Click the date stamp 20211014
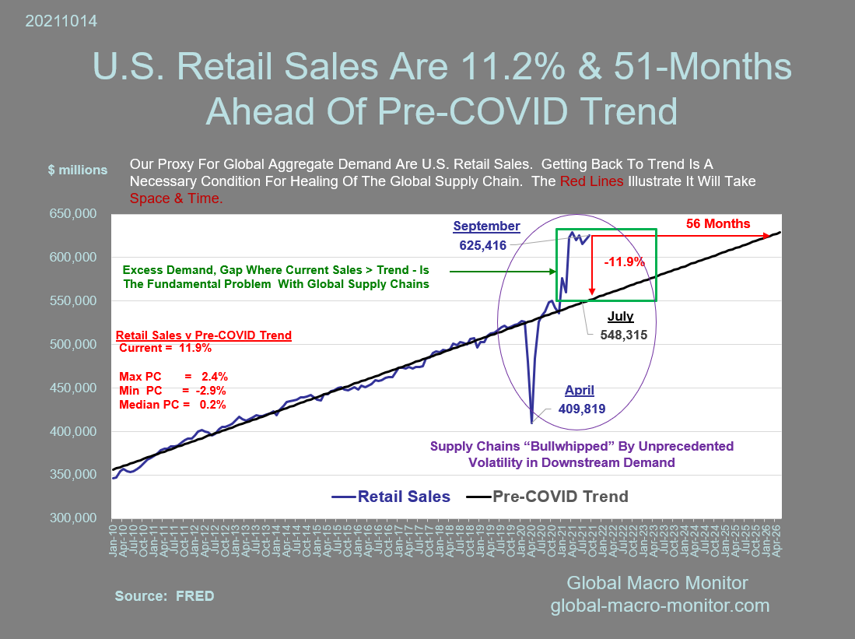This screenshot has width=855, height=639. click(x=61, y=22)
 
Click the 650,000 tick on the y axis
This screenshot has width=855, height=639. click(x=75, y=213)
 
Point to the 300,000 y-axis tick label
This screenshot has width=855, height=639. click(x=75, y=518)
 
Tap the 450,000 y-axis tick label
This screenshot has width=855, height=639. click(x=75, y=388)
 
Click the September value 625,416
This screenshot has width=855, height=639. click(x=482, y=245)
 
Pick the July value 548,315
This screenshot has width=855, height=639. click(x=625, y=333)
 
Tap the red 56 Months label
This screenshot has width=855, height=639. click(x=717, y=224)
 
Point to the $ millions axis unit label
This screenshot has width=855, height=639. click(x=78, y=170)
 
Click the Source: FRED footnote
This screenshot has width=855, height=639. click(x=164, y=596)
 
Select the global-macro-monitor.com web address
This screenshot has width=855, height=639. click(x=660, y=605)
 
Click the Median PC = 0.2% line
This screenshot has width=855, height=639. click(x=173, y=405)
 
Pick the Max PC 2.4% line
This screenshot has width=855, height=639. click(x=173, y=376)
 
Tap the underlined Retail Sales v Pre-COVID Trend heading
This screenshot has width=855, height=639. click(x=204, y=335)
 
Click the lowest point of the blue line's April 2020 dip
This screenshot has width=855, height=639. click(x=532, y=423)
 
